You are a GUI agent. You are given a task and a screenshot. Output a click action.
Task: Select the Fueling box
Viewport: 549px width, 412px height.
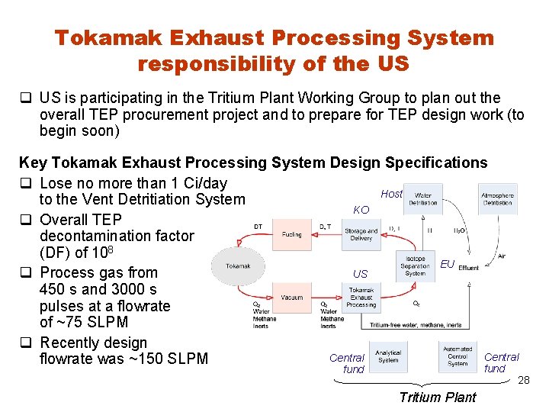point(291,234)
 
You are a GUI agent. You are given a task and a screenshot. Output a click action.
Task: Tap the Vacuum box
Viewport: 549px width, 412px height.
point(291,298)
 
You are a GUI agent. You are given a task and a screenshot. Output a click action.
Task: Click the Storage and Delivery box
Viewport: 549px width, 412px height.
point(361,233)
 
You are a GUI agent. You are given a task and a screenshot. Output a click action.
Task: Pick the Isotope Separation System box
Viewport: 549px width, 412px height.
point(416,266)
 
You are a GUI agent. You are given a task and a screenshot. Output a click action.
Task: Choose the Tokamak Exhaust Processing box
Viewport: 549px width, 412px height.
point(361,298)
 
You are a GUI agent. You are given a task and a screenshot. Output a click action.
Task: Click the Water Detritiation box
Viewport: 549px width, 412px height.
point(422,199)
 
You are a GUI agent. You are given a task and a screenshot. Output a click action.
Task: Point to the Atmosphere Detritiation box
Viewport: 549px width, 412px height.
point(497,199)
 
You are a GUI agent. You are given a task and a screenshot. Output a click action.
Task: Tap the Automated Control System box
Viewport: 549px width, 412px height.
point(457,356)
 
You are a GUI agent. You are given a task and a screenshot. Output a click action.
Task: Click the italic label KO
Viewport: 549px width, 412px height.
point(361,210)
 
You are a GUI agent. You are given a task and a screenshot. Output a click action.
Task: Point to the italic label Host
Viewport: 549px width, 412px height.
point(391,194)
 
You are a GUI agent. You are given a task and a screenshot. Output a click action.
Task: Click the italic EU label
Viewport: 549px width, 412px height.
point(448,264)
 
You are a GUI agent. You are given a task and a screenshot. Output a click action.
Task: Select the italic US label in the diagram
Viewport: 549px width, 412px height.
point(360,273)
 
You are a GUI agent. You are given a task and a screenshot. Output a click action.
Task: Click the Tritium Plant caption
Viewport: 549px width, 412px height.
point(438,397)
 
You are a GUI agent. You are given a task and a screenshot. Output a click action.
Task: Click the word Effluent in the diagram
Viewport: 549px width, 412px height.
point(469,268)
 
